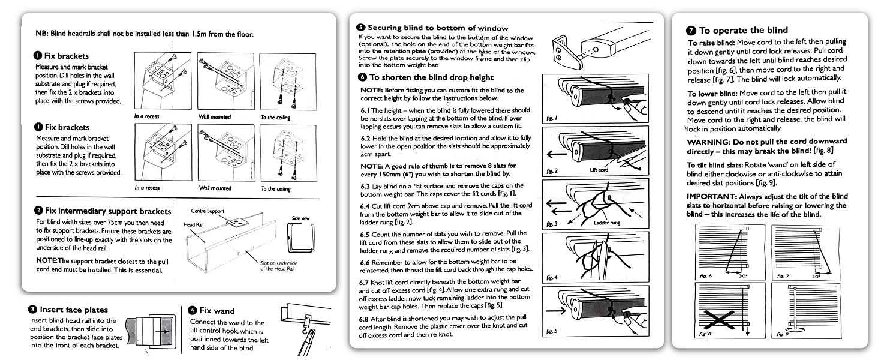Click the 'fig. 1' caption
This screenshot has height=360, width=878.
coord(551,119)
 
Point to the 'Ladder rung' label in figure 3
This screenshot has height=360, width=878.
coord(607,223)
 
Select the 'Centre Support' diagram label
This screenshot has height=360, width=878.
coord(208,211)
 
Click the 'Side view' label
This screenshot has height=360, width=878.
coord(300,218)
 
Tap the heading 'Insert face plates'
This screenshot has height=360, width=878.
coord(74,310)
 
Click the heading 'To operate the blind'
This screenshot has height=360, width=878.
coord(743,30)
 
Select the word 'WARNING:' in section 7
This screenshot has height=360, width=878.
coord(707,142)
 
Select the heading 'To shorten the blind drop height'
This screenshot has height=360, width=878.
coord(431,77)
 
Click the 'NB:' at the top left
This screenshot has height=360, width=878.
coord(41,34)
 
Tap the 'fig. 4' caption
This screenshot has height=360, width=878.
coord(551,278)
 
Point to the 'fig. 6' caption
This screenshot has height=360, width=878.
coord(705,277)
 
